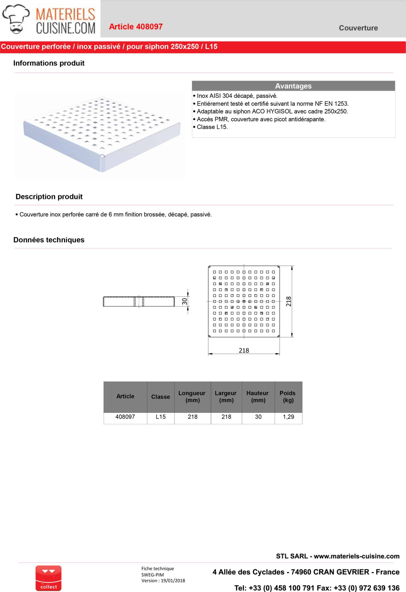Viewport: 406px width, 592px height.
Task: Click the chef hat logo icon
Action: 16,19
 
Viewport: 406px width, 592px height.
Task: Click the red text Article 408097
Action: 136,27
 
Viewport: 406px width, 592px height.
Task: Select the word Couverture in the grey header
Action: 358,28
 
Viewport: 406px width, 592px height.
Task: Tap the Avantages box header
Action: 293,86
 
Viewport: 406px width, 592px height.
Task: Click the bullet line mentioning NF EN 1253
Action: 273,104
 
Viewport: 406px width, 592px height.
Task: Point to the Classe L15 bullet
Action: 212,127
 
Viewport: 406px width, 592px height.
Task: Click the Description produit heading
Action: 49,197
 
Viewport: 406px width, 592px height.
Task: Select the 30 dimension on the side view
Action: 184,301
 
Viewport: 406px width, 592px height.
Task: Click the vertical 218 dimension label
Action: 288,301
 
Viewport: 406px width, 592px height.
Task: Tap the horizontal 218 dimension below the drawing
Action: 244,351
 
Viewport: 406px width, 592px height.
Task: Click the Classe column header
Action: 160,397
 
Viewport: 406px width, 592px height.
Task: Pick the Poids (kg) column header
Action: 288,396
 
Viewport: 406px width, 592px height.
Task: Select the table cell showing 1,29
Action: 288,417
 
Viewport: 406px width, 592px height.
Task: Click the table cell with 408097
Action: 125,417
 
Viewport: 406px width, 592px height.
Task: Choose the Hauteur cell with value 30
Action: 258,417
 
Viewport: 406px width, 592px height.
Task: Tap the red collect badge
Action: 48,578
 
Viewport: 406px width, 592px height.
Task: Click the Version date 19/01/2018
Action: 173,580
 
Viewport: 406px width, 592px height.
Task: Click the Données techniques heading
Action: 49,240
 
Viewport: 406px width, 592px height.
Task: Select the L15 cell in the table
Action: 161,417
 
